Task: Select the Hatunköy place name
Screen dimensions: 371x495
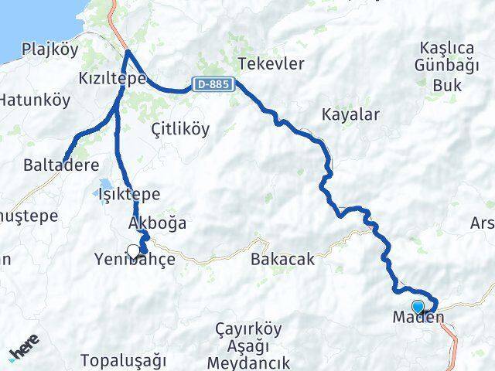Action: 34,100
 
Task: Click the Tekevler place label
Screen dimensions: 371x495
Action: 271,64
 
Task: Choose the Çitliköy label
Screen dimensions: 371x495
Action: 180,129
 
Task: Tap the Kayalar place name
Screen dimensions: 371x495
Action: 350,115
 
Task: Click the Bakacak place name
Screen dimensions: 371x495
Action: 282,260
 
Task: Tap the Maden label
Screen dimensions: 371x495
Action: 418,317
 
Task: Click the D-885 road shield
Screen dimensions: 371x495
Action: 211,83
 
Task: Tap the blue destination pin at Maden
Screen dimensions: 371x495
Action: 418,307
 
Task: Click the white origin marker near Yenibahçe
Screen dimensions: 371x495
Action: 133,250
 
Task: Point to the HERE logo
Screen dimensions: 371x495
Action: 24,352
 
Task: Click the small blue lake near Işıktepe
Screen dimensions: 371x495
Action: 104,193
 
